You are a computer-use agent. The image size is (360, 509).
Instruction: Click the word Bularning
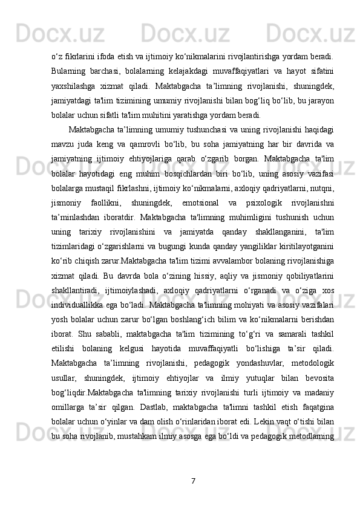[x=70, y=72]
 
